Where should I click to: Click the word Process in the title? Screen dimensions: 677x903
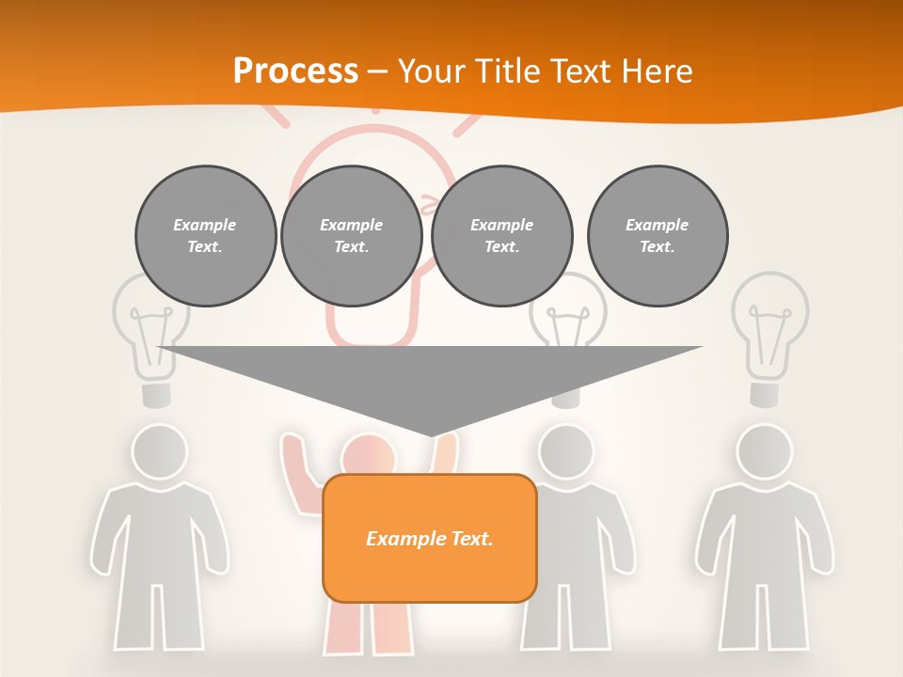[295, 71]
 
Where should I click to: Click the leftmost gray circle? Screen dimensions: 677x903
[205, 236]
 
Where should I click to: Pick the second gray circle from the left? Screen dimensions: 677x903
[351, 236]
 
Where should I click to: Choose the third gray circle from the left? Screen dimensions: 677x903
[501, 236]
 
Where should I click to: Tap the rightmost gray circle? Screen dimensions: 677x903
[657, 236]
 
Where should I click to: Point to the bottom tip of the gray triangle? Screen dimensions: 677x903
[431, 434]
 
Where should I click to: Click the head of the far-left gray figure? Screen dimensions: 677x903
[158, 452]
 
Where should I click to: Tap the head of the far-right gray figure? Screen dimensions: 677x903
[763, 452]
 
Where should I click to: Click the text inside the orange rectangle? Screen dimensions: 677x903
[429, 539]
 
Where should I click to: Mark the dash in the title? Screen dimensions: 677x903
[377, 71]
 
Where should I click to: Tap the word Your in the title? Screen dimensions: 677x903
[431, 71]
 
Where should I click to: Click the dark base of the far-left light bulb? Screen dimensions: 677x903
[157, 393]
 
